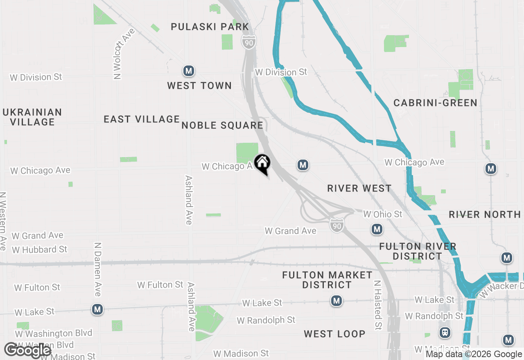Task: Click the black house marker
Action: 262,164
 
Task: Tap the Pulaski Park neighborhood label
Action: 210,27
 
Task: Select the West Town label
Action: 199,85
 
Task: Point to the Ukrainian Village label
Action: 32,117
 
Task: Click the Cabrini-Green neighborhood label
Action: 435,103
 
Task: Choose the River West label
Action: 359,188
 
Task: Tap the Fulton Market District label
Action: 327,280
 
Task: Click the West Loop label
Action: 334,334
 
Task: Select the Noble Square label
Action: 222,125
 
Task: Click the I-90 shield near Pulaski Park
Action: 249,42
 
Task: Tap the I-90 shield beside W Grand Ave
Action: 337,225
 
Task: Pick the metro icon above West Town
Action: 188,71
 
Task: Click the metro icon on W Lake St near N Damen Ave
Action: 97,309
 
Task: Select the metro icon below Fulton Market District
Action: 337,301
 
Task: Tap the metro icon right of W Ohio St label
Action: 377,229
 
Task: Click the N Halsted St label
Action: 378,305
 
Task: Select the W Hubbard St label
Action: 39,250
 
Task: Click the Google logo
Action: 27,350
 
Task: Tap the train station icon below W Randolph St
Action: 445,332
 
